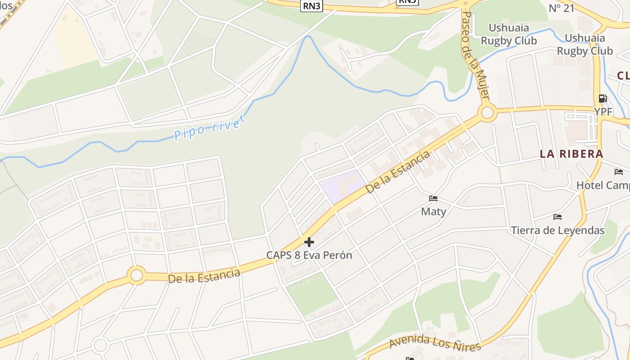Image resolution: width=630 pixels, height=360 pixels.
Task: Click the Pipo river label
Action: (x=210, y=127)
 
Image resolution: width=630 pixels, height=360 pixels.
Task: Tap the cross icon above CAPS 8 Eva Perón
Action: (x=309, y=242)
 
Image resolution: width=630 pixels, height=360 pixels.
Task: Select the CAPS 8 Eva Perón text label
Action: (x=309, y=255)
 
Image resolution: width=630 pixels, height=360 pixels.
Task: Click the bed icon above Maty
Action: (x=433, y=198)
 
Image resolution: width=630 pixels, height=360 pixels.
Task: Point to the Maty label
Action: (x=433, y=211)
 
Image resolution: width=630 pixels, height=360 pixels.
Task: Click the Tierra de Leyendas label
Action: (x=558, y=230)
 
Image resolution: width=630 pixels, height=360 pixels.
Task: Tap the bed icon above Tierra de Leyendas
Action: (x=558, y=217)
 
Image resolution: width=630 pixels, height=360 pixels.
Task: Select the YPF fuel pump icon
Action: (x=603, y=99)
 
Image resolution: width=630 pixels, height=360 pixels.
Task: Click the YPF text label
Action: (x=603, y=112)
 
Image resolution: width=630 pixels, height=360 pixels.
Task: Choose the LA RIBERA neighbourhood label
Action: (x=571, y=154)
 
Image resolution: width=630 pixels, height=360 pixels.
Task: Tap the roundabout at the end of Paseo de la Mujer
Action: (x=487, y=112)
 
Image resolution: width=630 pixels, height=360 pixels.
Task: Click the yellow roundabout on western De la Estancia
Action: (x=136, y=275)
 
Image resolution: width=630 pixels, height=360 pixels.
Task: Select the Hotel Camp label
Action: (x=603, y=185)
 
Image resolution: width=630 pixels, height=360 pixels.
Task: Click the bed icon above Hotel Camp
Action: (x=619, y=172)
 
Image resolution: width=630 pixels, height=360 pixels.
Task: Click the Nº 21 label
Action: (x=562, y=8)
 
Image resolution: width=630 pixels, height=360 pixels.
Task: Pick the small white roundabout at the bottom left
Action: (x=100, y=346)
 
